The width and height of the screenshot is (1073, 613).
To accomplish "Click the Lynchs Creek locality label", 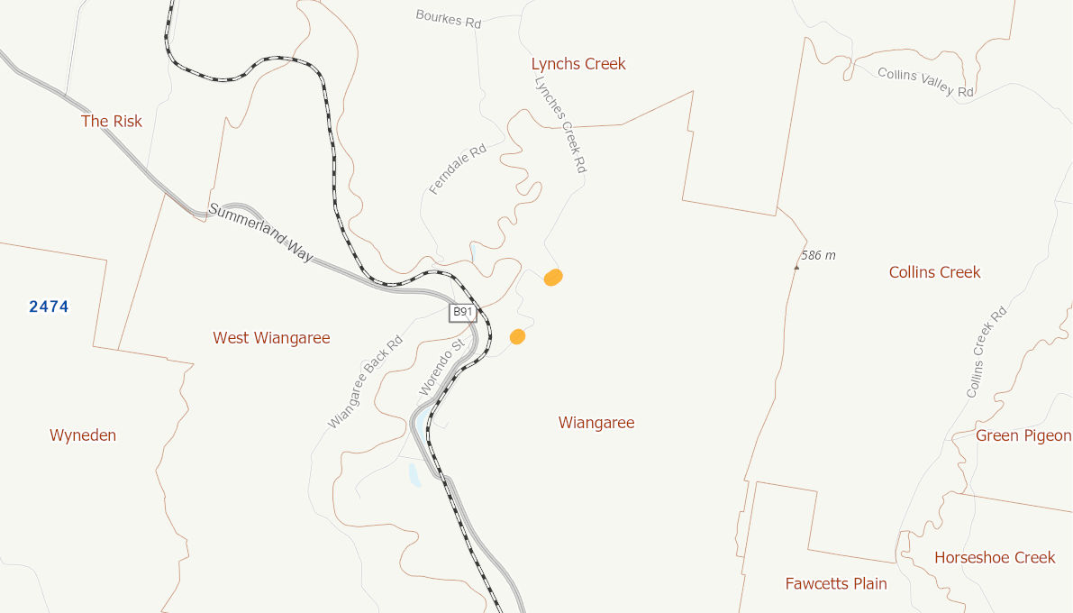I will (578, 64).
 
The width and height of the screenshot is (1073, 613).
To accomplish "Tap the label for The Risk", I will (112, 121).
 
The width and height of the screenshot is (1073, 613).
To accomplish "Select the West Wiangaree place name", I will (271, 338).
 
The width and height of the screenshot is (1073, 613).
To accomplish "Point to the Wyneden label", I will (83, 435).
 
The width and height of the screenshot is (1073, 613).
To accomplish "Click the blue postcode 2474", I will (49, 306).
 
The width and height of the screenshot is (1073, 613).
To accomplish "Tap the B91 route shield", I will (463, 313).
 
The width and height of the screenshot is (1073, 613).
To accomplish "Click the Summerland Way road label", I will (261, 233).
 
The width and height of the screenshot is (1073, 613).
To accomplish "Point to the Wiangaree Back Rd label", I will (365, 382).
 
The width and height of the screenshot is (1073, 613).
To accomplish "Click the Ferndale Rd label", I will (458, 169).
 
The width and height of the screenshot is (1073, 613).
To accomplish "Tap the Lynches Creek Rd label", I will (560, 124).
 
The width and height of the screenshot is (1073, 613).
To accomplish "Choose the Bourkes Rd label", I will (449, 19).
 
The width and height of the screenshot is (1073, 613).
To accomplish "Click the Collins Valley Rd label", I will (926, 82).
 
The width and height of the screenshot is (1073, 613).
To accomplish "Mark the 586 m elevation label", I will (818, 256).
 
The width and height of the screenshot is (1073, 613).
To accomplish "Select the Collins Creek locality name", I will (934, 272).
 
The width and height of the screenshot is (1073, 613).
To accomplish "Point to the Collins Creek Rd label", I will (986, 352).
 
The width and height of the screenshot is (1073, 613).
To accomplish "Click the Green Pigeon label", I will (1023, 436).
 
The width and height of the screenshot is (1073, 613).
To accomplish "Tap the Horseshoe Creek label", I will (995, 558).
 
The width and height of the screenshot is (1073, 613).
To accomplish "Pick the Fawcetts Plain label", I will (836, 584).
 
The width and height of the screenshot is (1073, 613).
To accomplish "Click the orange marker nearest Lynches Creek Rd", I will (553, 278).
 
